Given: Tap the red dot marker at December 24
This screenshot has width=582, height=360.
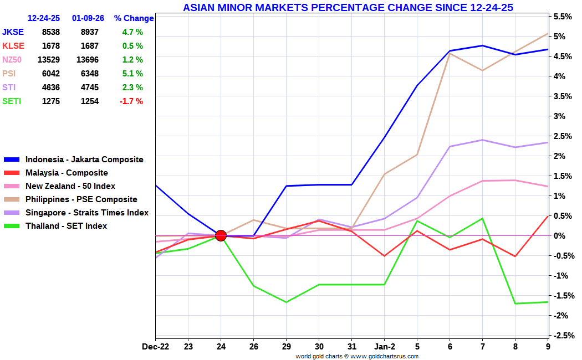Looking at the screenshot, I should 221,236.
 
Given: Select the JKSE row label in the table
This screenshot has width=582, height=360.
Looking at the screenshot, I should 13,32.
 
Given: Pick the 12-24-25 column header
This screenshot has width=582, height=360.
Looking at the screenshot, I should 44,18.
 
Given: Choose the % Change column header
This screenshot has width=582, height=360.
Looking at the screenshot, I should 134,18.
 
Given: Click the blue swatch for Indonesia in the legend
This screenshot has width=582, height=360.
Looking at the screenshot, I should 12,160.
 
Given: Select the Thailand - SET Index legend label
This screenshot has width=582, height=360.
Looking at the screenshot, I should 66,226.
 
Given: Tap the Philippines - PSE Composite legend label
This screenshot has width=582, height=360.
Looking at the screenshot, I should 81,199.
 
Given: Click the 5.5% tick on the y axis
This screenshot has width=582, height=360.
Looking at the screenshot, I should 563,17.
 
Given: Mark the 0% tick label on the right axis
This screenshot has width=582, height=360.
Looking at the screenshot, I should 560,236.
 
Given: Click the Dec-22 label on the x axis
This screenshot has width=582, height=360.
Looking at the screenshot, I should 155,347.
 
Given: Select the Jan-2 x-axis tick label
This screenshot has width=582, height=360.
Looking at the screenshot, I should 384,347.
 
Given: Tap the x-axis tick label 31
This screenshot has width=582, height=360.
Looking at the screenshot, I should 351,347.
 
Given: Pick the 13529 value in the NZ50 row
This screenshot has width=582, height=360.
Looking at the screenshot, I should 48,60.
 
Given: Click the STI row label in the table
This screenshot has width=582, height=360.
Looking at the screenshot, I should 9,88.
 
